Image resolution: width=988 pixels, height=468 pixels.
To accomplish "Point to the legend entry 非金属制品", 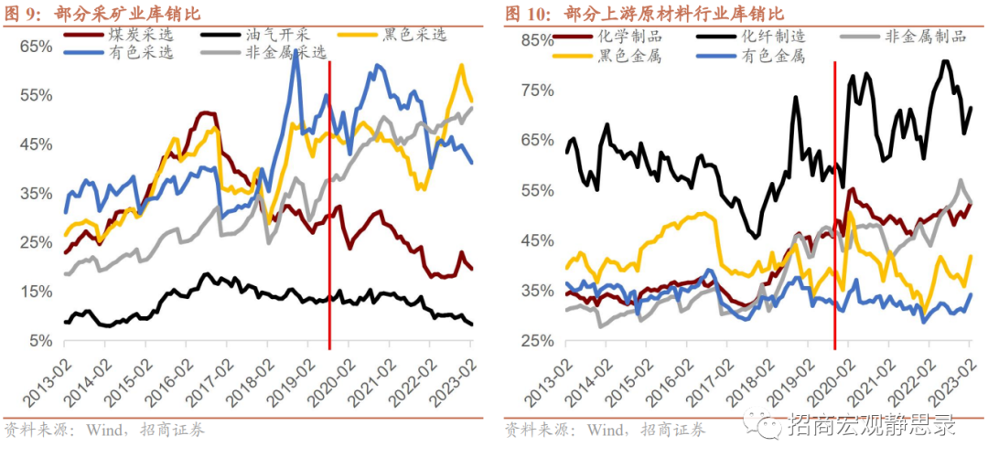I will (x=925, y=37).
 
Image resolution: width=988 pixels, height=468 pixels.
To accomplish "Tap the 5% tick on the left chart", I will (x=40, y=341).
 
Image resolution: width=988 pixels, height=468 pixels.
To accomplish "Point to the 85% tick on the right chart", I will (x=537, y=41).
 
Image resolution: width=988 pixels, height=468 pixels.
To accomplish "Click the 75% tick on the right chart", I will (x=537, y=90).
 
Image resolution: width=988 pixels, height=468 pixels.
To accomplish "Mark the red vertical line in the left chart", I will (x=329, y=201).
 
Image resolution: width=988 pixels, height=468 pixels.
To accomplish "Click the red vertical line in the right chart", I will (x=835, y=201).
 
